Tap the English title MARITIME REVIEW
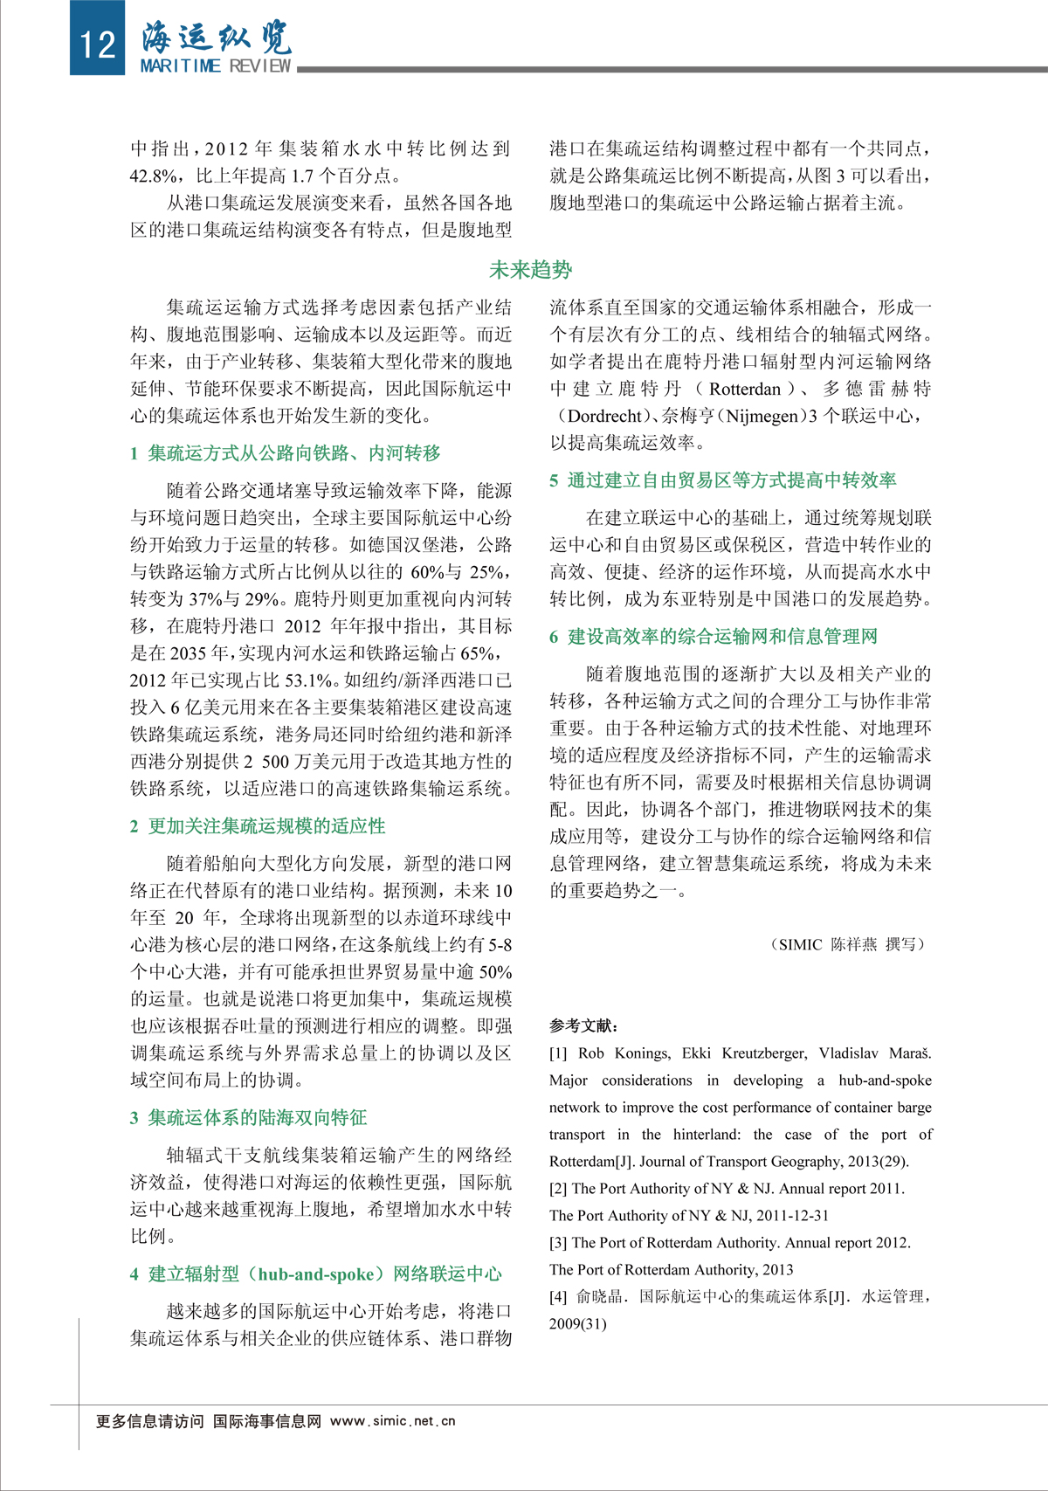click(x=216, y=66)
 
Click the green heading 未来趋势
click(x=530, y=270)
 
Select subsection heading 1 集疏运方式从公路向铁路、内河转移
click(x=286, y=452)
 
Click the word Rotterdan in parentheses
click(x=745, y=389)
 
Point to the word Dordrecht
click(x=604, y=416)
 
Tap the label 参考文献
click(x=584, y=1025)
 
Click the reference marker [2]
click(x=558, y=1188)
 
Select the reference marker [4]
click(x=558, y=1296)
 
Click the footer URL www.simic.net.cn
click(x=393, y=1421)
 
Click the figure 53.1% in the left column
click(x=307, y=680)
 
